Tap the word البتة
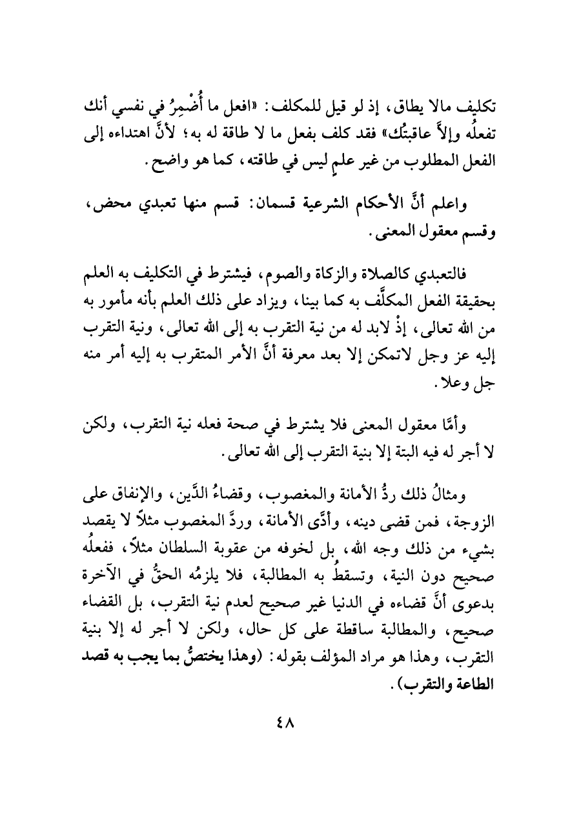pos(400,454)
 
